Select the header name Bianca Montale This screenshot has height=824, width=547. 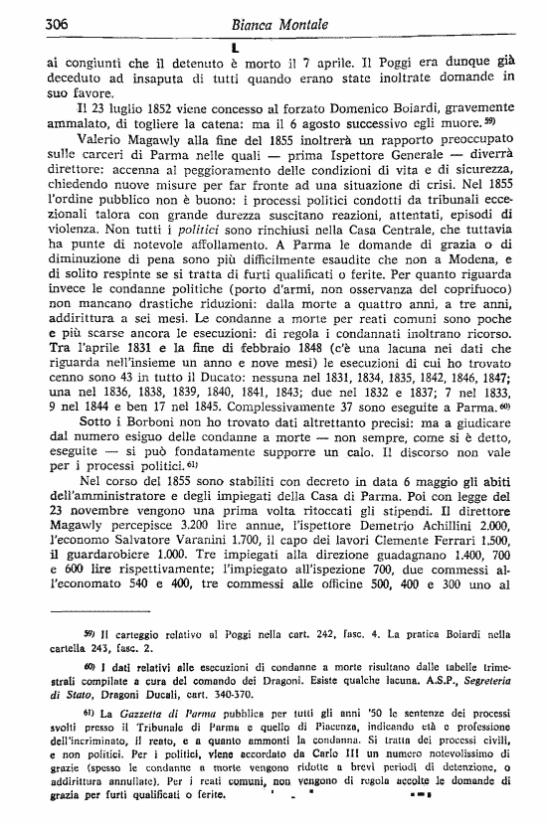click(x=273, y=24)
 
